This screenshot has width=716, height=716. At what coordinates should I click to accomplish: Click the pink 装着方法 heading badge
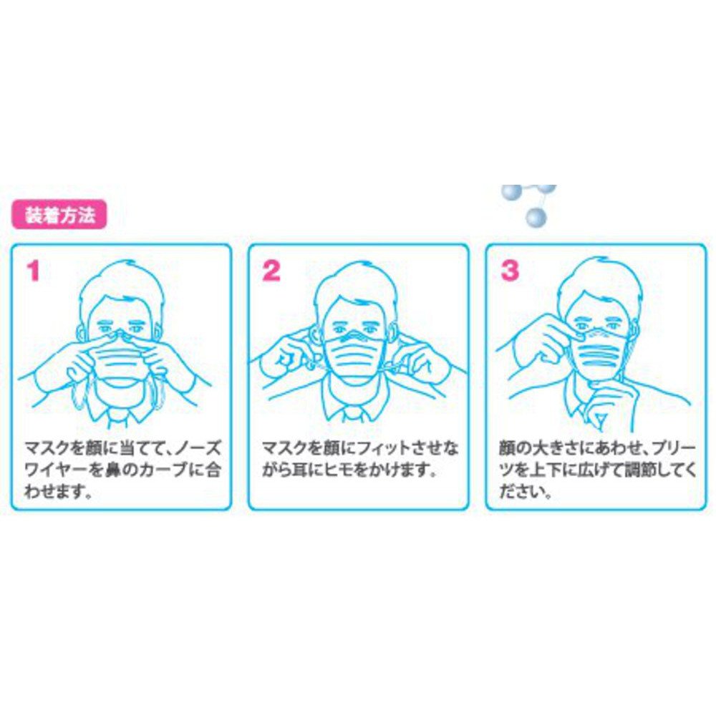[x=59, y=215]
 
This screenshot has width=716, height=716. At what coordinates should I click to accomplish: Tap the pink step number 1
[x=33, y=271]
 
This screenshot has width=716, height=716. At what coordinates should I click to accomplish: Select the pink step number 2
[x=271, y=271]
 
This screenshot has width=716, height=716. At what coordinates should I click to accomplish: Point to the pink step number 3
[x=510, y=271]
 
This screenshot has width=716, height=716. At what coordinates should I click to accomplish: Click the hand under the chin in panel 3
[x=607, y=404]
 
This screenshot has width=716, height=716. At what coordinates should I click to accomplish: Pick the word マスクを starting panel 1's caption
[x=54, y=448]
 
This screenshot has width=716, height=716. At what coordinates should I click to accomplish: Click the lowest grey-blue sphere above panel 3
[x=536, y=218]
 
